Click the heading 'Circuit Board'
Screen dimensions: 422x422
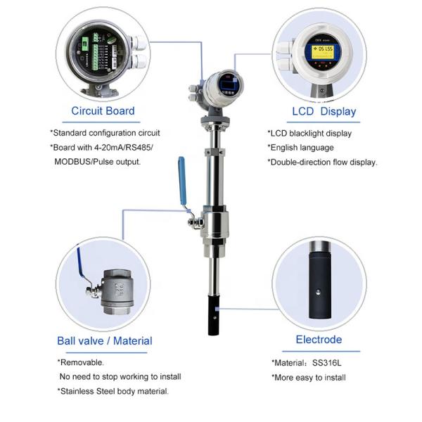pos(103,110)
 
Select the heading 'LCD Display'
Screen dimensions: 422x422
pos(324,111)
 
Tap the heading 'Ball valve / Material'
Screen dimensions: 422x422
pos(104,341)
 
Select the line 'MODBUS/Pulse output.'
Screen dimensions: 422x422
pos(97,162)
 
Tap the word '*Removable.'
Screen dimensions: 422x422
pos(80,362)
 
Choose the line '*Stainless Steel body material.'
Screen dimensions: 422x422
pos(113,391)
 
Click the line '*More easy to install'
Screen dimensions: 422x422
pos(309,378)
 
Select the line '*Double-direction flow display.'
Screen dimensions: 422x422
pos(323,162)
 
